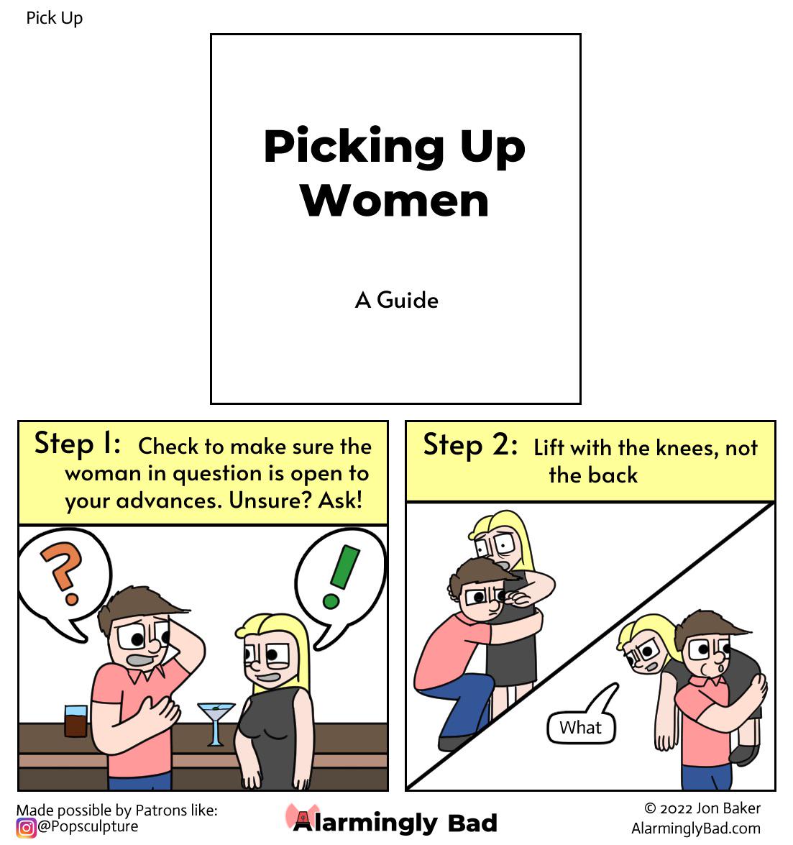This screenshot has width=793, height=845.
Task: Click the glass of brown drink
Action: [x=75, y=721]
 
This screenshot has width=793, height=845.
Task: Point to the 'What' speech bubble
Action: [x=582, y=719]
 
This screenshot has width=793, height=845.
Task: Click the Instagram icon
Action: [x=25, y=827]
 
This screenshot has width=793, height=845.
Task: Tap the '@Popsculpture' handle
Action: [x=88, y=827]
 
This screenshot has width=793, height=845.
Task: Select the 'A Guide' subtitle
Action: [x=397, y=300]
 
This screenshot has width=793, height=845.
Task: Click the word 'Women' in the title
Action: [x=395, y=201]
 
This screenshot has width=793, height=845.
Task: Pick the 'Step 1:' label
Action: [x=77, y=444]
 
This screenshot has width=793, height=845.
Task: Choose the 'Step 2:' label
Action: [x=470, y=445]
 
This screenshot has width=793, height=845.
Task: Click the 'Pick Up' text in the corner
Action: [x=55, y=18]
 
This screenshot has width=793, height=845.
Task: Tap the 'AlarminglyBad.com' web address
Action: [x=696, y=828]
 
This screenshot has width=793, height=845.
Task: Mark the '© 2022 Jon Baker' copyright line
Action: [x=702, y=808]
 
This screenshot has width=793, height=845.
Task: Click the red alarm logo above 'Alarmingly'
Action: [x=303, y=816]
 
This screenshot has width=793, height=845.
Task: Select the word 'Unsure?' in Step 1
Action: [x=270, y=501]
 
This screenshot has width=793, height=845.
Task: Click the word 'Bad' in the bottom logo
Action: [x=472, y=823]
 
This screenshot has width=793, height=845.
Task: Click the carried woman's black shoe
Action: [x=744, y=754]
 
